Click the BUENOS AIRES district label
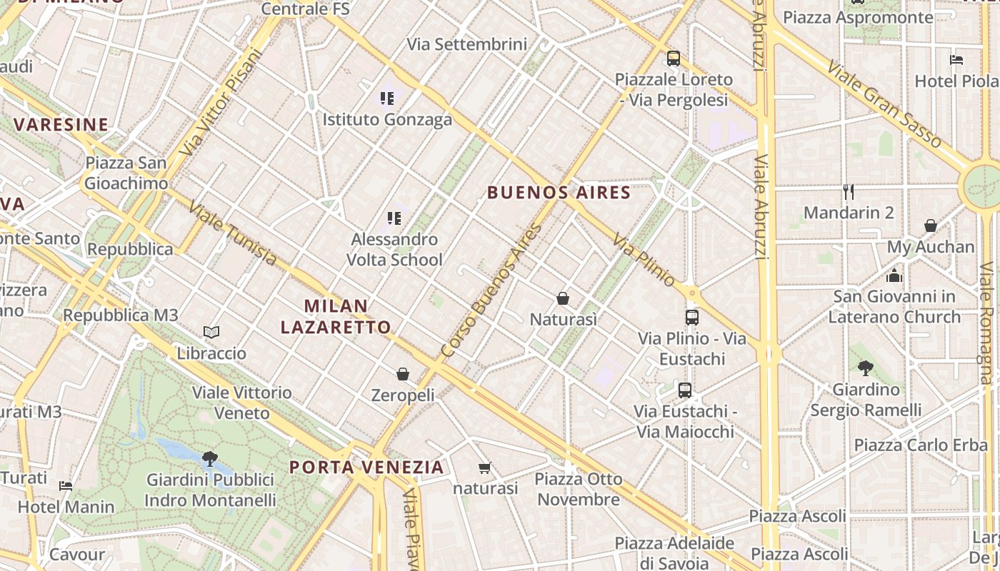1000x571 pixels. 559,192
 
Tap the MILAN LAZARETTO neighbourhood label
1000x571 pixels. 336,316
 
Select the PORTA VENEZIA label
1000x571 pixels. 366,468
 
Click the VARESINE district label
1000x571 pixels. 61,125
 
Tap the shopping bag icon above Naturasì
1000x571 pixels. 563,298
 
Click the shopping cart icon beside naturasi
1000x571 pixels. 485,468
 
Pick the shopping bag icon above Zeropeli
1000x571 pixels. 403,374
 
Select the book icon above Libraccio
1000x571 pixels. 211,332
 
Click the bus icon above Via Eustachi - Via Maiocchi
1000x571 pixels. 685,390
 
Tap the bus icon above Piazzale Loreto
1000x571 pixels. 674,59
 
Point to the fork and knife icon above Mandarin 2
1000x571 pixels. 849,191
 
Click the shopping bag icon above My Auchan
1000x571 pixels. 930,226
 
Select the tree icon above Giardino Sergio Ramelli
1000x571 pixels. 866,368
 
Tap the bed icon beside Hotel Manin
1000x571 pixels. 66,486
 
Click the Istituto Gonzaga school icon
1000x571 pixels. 387,98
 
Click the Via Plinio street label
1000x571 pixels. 643,260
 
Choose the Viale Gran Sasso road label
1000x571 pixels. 885,104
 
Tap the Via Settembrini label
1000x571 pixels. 467,44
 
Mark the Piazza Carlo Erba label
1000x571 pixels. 921,445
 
